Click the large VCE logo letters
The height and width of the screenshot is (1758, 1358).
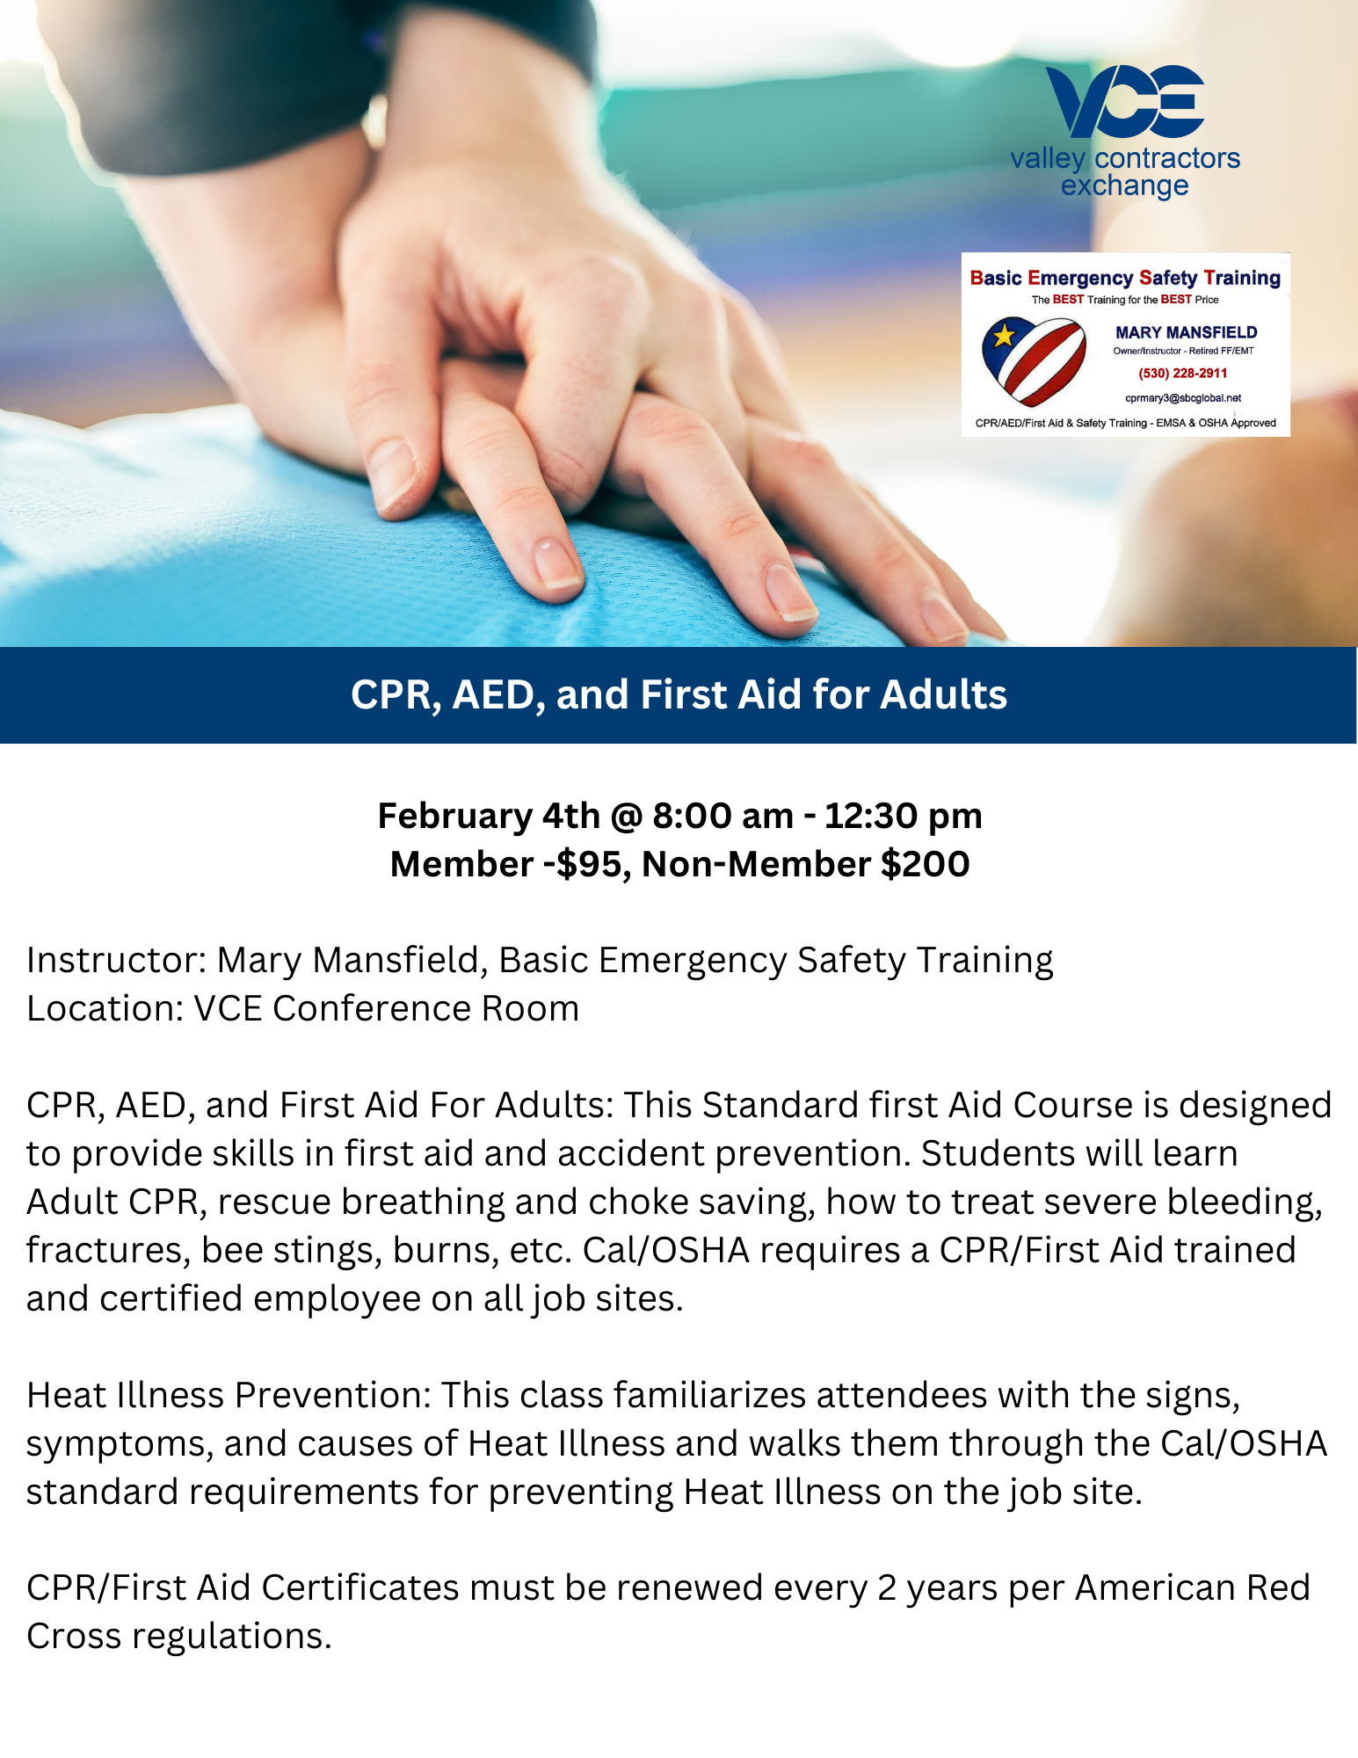click(1124, 100)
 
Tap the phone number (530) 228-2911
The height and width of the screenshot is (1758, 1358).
click(1183, 374)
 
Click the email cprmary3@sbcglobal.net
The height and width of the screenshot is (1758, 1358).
click(1183, 398)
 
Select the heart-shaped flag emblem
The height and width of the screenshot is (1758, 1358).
click(1034, 360)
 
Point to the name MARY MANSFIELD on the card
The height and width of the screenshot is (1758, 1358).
click(1186, 332)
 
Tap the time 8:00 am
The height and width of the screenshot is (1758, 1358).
click(723, 817)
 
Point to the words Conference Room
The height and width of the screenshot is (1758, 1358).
click(425, 1008)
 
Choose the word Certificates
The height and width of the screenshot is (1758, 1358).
click(360, 1588)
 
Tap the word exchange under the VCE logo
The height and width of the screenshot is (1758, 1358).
click(1124, 185)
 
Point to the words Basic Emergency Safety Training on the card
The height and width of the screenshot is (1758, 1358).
click(1125, 278)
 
